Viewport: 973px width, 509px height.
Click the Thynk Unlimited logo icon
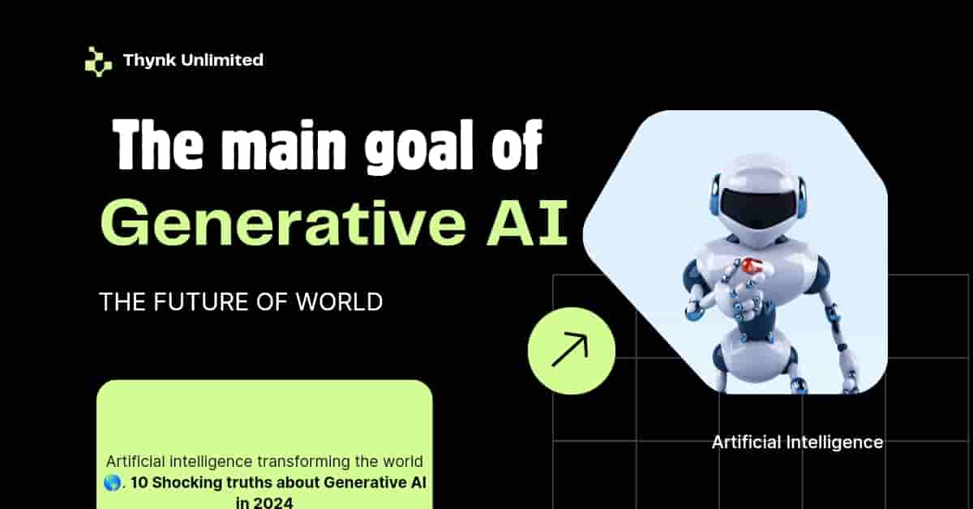(98, 62)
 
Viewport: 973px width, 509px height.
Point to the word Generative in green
(283, 222)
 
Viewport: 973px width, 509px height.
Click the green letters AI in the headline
(527, 222)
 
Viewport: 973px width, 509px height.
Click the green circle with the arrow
(572, 350)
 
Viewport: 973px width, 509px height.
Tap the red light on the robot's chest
(752, 265)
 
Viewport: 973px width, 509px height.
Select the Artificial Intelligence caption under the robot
(798, 443)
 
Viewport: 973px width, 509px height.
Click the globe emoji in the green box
(113, 482)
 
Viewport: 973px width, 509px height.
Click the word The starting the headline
(157, 145)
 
